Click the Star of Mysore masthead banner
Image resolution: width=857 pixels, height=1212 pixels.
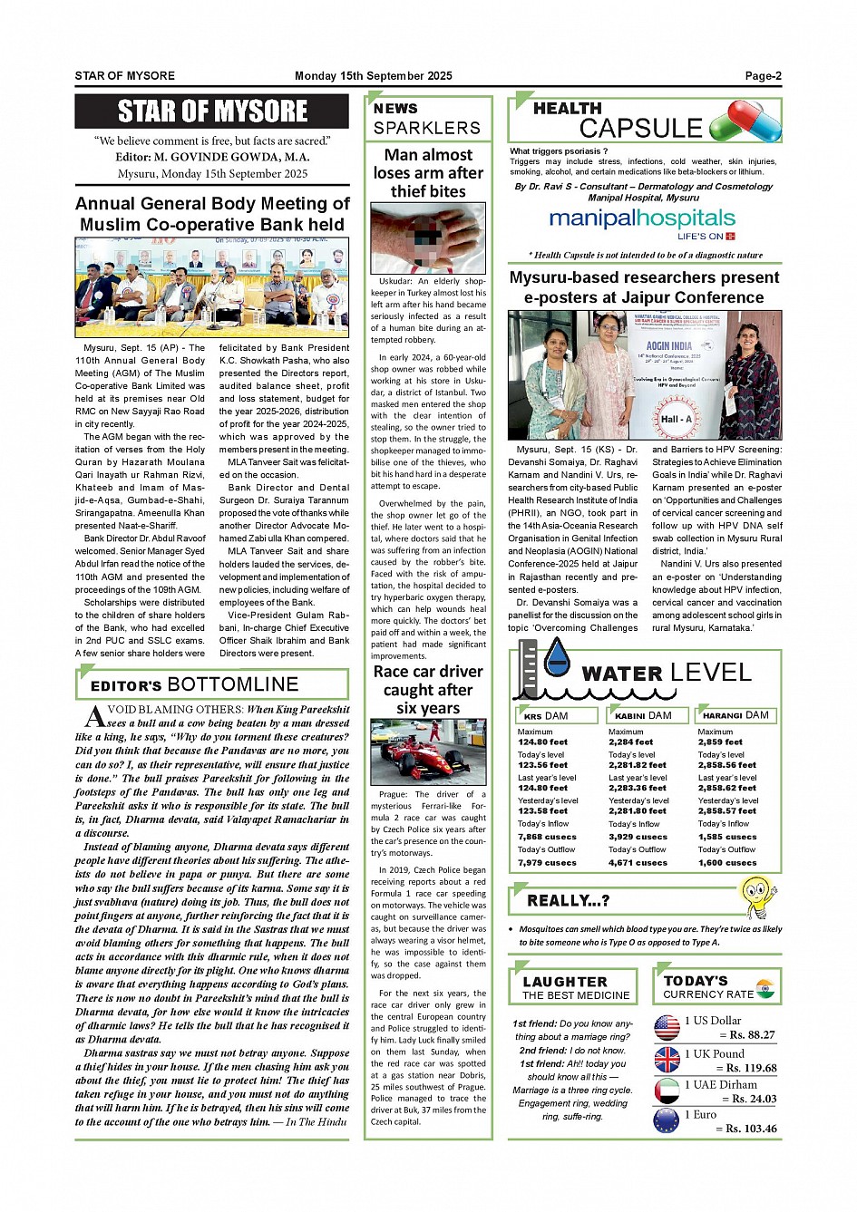(212, 112)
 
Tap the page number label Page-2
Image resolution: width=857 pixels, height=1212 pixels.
(763, 76)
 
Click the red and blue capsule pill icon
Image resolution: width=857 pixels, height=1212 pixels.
(745, 121)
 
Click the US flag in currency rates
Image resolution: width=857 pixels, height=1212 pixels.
(667, 1027)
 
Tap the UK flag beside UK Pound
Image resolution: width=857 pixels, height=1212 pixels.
(667, 1059)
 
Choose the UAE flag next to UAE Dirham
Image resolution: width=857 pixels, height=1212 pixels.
(667, 1090)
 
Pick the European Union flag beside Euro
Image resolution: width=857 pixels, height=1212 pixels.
(667, 1120)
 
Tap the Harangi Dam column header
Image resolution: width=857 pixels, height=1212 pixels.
(735, 716)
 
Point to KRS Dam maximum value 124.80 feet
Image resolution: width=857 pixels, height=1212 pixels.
(542, 742)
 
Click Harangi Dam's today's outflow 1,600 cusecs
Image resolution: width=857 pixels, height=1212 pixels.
(727, 863)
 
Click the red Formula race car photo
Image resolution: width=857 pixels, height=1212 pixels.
(428, 752)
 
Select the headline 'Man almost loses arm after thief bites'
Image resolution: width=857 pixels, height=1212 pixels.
(428, 173)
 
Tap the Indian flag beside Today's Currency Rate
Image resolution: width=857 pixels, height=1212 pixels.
(765, 987)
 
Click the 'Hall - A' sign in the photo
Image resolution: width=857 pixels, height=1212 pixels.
(676, 419)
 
